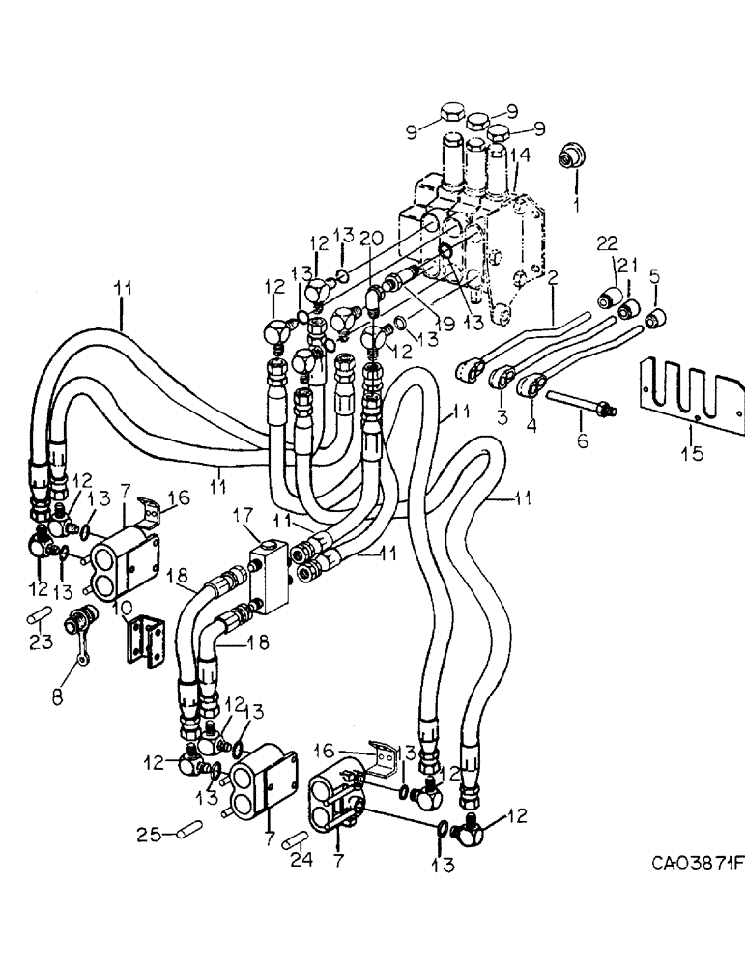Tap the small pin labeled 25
tap(184, 829)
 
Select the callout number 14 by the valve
tap(520, 155)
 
